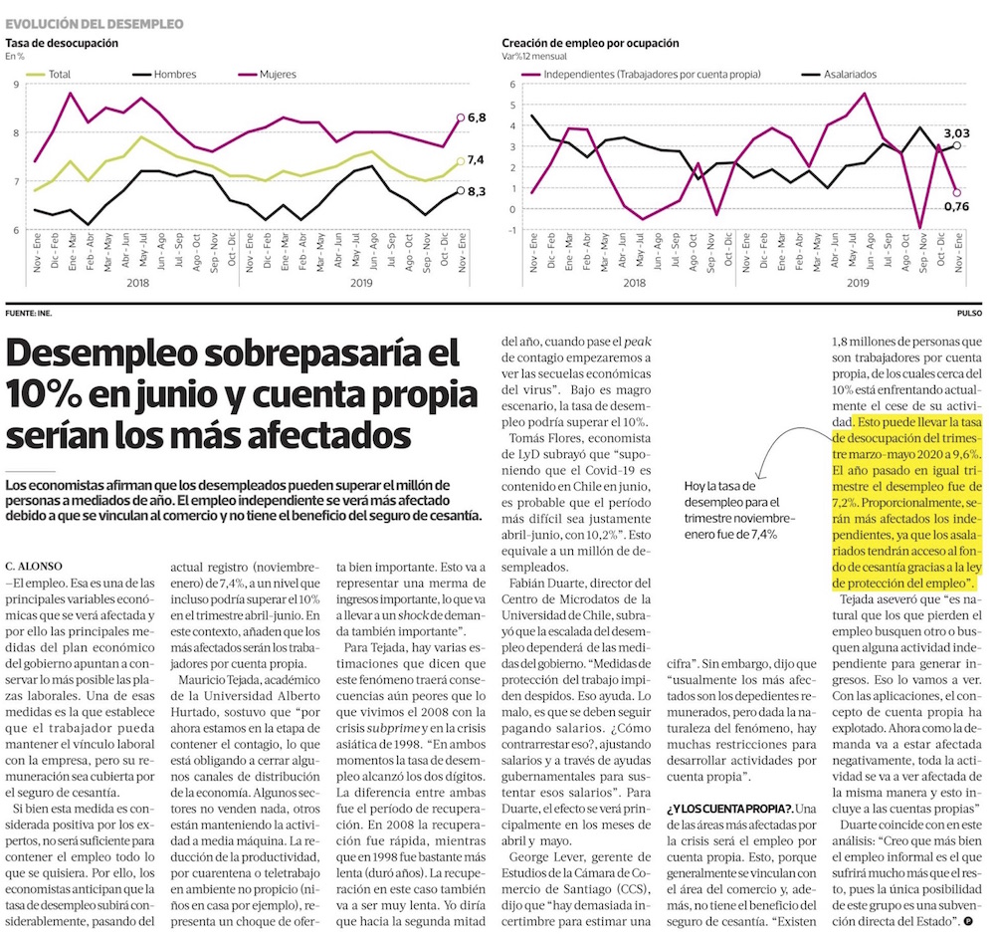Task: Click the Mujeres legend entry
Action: [267, 75]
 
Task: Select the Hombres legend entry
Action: [164, 75]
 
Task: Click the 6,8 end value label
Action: [477, 118]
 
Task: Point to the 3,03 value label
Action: [956, 133]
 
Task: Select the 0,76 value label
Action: [956, 206]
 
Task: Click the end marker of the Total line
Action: [461, 162]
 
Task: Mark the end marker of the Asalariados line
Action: [957, 145]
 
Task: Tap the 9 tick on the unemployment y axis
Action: [16, 84]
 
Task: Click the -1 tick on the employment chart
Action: [511, 230]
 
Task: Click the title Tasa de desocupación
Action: [62, 43]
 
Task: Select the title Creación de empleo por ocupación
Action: [590, 43]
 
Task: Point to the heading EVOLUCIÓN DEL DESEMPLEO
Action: [95, 24]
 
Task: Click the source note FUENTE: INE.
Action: [29, 313]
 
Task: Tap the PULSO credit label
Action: [969, 313]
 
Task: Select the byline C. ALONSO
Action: [34, 567]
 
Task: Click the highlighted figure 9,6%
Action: [964, 455]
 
